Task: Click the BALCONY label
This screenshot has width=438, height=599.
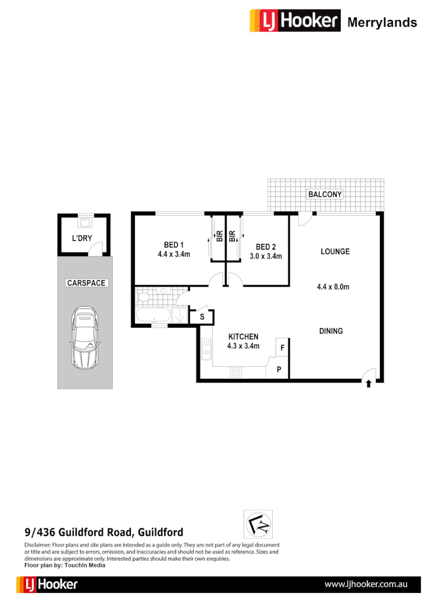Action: pos(325,194)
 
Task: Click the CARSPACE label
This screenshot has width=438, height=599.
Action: pos(86,283)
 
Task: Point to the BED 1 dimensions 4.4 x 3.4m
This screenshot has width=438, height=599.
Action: pos(174,255)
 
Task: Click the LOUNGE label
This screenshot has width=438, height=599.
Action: pos(335,251)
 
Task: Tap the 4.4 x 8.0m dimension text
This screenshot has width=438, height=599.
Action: pos(333,287)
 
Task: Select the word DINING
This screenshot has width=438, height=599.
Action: pos(331,331)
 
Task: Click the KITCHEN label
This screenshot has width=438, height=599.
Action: pos(243,337)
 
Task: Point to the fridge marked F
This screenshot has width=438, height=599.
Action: pos(282,348)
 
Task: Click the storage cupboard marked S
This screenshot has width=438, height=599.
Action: pos(202,317)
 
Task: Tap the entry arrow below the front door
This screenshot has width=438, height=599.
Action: pos(369,383)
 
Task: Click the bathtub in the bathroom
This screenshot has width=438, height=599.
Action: pos(153,315)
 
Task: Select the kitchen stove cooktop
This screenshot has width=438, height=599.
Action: pos(236,372)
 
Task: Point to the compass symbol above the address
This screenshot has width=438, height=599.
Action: pos(258,524)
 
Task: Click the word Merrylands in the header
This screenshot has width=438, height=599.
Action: pos(382,22)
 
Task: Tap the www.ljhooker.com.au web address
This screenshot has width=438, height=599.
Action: pos(366,584)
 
